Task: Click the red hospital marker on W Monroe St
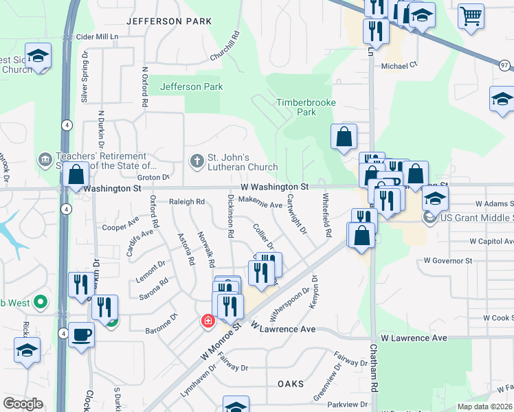tap(206, 321)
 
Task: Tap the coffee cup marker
tap(81, 334)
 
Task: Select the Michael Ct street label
tap(399, 66)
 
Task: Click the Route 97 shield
tap(506, 65)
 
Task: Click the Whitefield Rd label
tap(327, 215)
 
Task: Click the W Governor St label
tap(448, 261)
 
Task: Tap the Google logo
tap(23, 404)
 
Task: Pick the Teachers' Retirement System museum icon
tap(45, 160)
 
